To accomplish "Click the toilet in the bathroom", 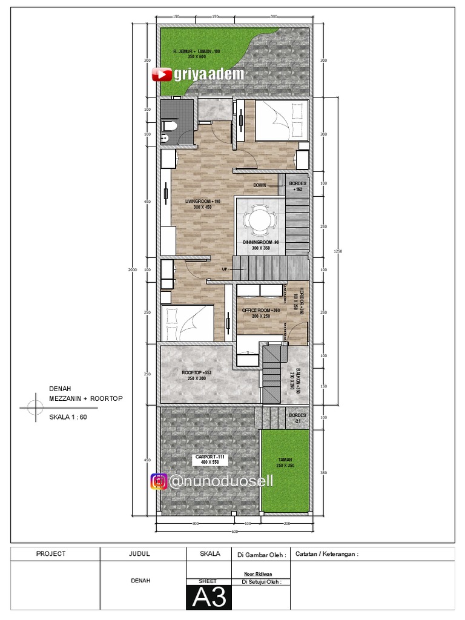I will (171, 127).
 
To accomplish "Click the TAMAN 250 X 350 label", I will (285, 463).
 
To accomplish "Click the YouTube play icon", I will (160, 74).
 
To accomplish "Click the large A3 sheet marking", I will (209, 597).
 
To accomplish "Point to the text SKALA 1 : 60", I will (68, 417).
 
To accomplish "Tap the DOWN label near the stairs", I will (260, 185).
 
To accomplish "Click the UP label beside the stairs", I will (225, 269).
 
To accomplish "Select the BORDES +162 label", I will (297, 186).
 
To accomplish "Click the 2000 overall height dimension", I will (133, 269).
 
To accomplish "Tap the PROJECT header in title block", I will (51, 553).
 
